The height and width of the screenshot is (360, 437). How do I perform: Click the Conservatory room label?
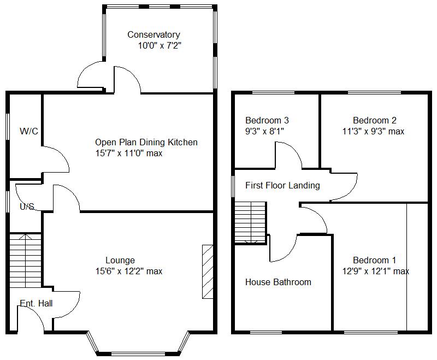point(153,34)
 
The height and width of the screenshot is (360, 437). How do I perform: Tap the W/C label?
point(29,131)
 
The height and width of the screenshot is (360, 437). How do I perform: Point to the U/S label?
point(27,206)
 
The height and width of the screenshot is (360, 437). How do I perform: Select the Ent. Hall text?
point(36,303)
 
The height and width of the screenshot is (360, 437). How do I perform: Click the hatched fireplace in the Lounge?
point(208,272)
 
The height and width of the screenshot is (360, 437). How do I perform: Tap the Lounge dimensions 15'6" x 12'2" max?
point(129,271)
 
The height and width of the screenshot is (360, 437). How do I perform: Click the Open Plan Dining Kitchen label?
point(146,142)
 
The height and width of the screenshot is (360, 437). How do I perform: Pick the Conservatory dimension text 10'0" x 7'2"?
point(160,45)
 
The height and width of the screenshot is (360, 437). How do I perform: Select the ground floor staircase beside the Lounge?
point(26,261)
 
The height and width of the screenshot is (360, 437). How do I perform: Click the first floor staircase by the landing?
point(250,223)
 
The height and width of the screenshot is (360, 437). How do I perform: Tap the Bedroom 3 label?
point(267,120)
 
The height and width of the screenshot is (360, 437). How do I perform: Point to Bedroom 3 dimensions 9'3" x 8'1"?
point(264,131)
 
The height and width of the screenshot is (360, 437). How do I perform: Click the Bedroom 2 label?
point(375,120)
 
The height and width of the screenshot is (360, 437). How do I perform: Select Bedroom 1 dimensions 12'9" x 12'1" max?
point(376,271)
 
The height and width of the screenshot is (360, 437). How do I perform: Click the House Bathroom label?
point(278,282)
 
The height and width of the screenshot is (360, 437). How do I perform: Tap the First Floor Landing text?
point(282,185)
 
